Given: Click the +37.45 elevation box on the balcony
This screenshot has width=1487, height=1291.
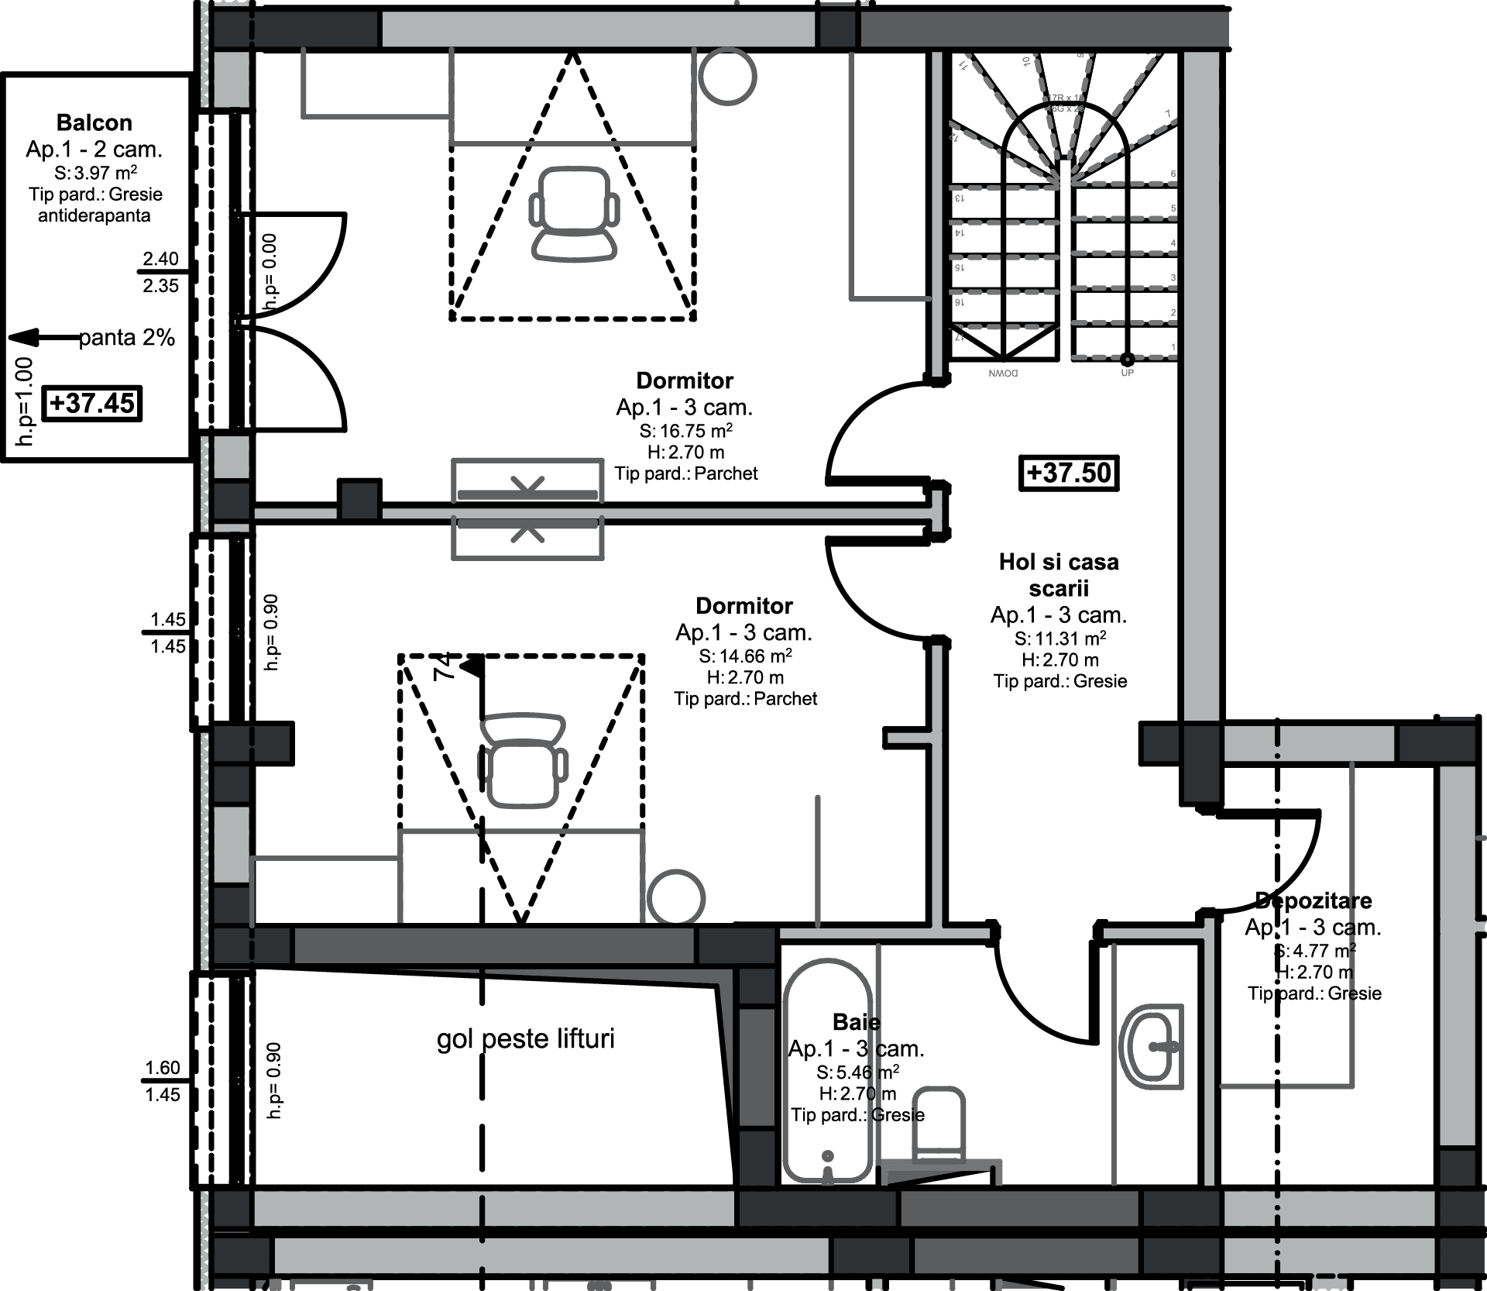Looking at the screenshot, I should click(91, 403).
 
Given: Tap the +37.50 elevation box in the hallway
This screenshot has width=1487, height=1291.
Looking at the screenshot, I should click(1069, 473).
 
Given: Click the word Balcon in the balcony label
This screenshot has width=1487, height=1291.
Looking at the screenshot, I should click(94, 122).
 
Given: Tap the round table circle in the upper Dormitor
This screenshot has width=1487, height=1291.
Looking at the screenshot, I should click(727, 77).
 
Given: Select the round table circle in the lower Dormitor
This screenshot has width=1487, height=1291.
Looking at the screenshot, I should click(676, 897).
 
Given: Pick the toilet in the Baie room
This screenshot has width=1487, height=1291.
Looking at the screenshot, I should click(939, 1124).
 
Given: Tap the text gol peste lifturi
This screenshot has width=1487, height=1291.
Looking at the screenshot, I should click(525, 1038).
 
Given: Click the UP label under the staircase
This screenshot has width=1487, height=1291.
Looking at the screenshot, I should click(1128, 373).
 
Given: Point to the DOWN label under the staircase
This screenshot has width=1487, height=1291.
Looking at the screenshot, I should click(1003, 374).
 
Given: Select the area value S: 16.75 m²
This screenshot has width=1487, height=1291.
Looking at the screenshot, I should click(685, 431).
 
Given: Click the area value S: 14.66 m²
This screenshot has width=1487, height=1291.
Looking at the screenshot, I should click(745, 656).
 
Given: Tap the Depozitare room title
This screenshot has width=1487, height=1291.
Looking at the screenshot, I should click(1314, 900).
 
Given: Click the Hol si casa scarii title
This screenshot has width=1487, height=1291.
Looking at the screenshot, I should click(1059, 575).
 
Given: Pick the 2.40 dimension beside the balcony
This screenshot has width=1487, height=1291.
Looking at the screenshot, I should click(160, 258).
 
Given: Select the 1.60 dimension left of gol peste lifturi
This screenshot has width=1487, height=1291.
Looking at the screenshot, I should click(163, 1067).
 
